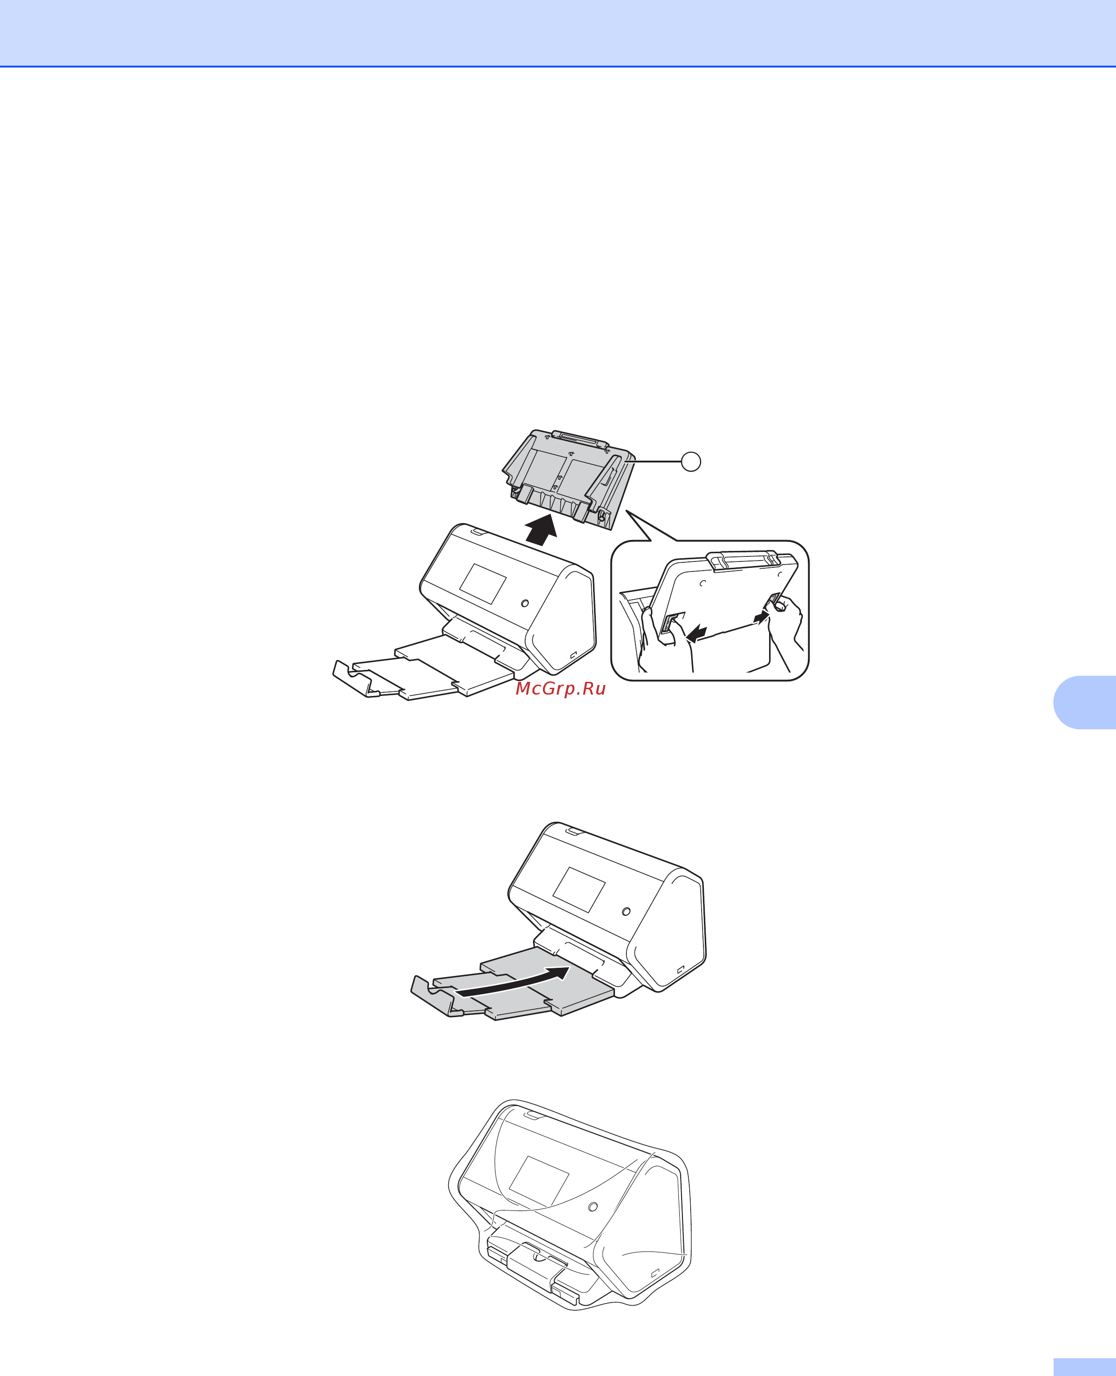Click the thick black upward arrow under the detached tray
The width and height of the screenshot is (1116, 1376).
coord(541,529)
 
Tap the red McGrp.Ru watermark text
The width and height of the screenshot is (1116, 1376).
coord(561,689)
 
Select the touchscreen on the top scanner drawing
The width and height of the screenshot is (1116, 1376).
coord(483,584)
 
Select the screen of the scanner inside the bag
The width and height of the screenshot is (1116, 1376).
coord(539,1180)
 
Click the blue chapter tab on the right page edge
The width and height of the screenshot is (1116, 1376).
coord(1085,702)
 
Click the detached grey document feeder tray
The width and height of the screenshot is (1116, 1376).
coord(569,478)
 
